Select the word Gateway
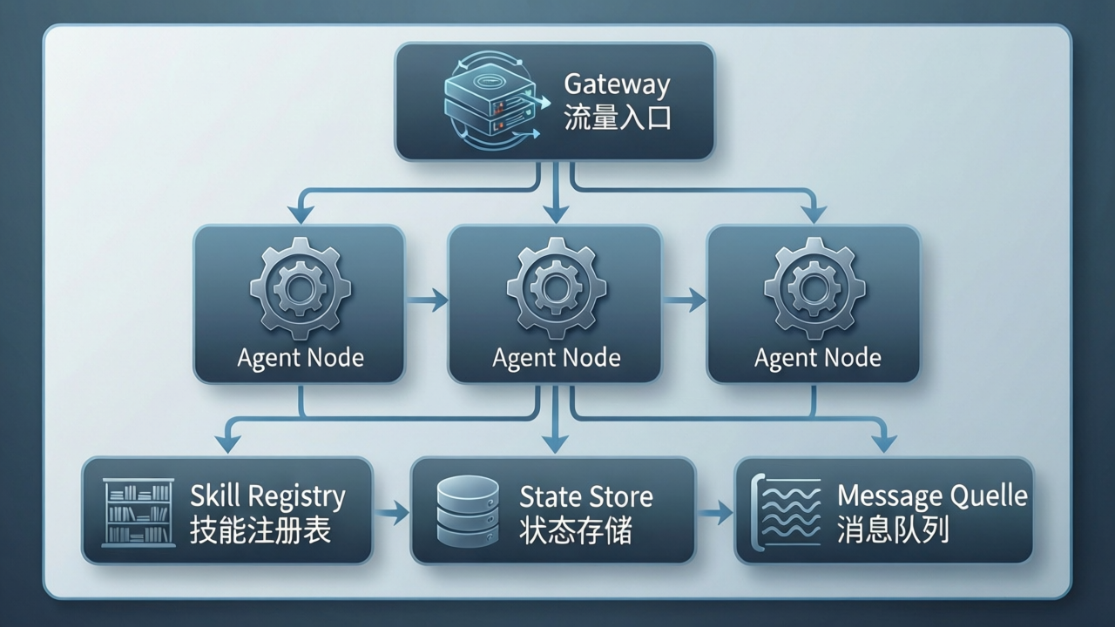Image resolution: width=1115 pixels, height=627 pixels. pyautogui.click(x=617, y=84)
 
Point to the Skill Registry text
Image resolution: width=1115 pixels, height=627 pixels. pyautogui.click(x=267, y=496)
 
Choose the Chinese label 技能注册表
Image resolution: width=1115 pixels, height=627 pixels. pyautogui.click(x=260, y=530)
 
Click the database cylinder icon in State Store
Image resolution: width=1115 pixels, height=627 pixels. pyautogui.click(x=468, y=511)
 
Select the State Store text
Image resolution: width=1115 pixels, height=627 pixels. pyautogui.click(x=585, y=496)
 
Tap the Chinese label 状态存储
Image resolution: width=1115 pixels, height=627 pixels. pyautogui.click(x=575, y=530)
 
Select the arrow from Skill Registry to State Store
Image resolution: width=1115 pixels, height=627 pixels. pyautogui.click(x=391, y=513)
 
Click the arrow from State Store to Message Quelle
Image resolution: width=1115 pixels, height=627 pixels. pyautogui.click(x=715, y=513)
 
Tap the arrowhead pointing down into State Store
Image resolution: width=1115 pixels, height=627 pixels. pyautogui.click(x=554, y=443)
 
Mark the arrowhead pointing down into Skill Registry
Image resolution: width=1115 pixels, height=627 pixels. pyautogui.click(x=227, y=443)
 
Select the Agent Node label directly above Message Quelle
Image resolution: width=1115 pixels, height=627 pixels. pyautogui.click(x=817, y=358)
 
